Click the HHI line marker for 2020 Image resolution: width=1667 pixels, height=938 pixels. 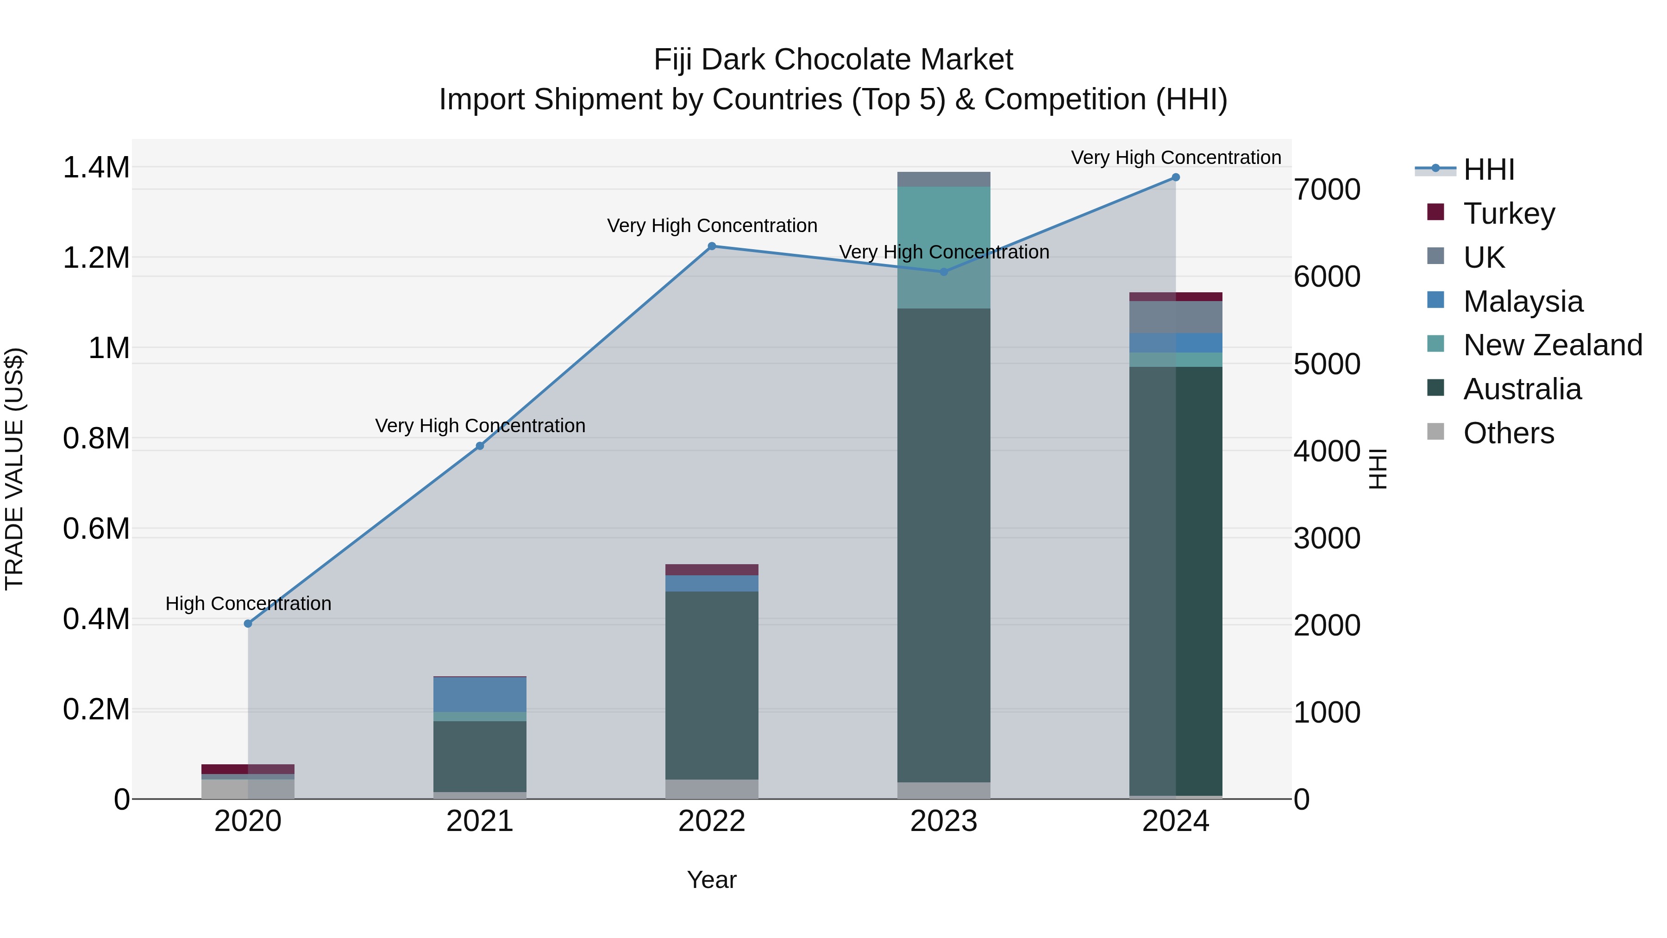248,623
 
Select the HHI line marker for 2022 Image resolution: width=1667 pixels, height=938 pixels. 712,246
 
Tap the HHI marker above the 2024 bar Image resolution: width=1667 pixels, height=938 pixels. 1176,177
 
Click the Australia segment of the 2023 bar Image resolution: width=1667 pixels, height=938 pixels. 944,544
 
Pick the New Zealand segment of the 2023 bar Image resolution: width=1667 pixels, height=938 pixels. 944,247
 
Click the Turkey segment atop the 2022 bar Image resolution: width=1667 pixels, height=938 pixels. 712,570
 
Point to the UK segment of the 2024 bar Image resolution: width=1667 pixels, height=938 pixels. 1176,317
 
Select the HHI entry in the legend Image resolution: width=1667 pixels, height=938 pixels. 1488,170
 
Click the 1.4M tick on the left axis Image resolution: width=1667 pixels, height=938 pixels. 96,168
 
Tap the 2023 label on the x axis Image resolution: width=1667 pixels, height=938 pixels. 944,821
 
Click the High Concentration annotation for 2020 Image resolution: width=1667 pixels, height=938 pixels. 248,603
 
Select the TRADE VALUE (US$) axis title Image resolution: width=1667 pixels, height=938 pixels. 14,469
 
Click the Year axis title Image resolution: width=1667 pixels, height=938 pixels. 711,880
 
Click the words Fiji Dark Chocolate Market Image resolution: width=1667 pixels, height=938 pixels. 833,60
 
